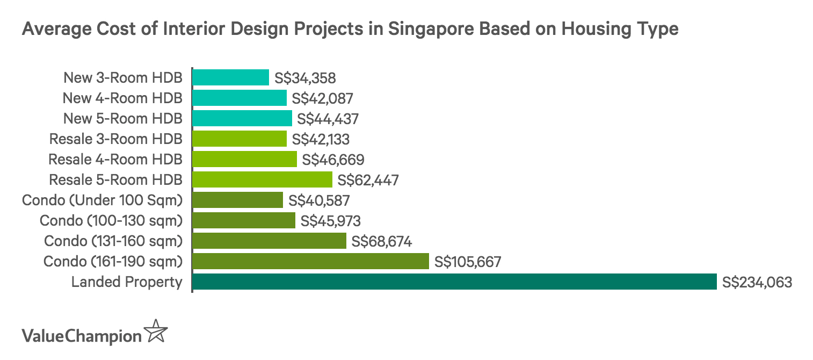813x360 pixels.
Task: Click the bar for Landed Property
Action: (x=454, y=282)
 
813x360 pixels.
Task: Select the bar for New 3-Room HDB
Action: (x=230, y=77)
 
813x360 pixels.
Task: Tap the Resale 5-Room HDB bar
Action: (x=262, y=179)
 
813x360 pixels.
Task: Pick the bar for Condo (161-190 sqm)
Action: (x=310, y=261)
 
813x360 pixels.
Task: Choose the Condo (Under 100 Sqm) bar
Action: (x=237, y=200)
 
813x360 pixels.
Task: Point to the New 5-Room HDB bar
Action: (x=242, y=118)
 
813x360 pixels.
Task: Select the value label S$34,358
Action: (x=305, y=78)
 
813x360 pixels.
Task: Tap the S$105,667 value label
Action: (x=467, y=262)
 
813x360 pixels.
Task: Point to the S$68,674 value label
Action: (x=381, y=241)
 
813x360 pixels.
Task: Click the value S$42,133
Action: (x=321, y=139)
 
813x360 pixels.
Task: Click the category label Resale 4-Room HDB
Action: (x=115, y=160)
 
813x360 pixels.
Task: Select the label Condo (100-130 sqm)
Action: (x=111, y=221)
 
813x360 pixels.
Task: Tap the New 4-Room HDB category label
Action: (x=122, y=98)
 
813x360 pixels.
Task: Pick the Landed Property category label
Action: (x=127, y=282)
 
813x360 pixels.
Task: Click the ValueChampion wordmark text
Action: (x=81, y=336)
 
